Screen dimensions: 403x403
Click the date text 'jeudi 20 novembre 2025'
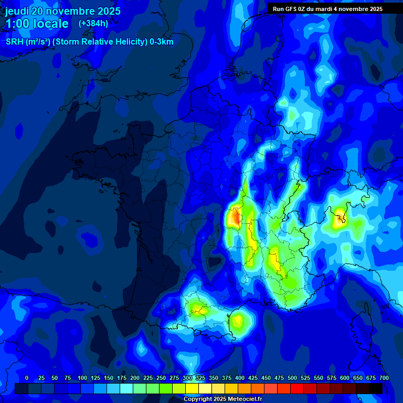point(63,11)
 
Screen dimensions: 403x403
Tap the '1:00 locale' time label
point(37,24)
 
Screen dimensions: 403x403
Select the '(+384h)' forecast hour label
point(93,24)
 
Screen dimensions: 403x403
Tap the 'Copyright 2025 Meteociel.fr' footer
point(222,399)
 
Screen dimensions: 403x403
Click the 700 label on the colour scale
point(384,378)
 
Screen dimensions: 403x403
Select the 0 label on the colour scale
point(27,378)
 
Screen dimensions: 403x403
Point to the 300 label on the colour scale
point(187,378)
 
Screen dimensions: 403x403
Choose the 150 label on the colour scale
point(109,378)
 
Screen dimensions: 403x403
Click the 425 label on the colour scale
point(253,378)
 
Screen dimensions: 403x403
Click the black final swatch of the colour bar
point(376,389)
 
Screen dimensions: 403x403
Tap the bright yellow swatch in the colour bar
point(192,389)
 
